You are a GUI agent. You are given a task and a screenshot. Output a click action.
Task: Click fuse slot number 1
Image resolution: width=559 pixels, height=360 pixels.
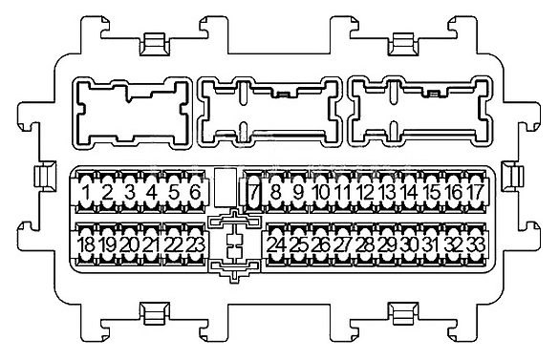click(x=87, y=195)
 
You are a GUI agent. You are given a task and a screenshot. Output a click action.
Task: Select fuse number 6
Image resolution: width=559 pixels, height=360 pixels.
click(x=195, y=195)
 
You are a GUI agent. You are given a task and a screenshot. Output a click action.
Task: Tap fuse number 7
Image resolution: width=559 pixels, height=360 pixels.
click(x=254, y=195)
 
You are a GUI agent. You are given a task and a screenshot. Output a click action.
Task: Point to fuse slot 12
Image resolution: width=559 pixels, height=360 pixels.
click(x=364, y=195)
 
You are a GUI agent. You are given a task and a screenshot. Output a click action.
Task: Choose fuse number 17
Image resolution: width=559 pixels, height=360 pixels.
click(x=475, y=195)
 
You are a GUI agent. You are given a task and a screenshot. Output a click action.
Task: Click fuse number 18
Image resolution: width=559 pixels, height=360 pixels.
click(x=87, y=245)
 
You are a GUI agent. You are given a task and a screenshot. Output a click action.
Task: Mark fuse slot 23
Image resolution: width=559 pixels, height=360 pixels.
click(x=195, y=245)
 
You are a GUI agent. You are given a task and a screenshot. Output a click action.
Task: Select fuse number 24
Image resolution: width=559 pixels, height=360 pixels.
click(x=276, y=245)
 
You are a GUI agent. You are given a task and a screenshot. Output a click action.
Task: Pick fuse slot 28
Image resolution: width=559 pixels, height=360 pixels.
click(x=364, y=245)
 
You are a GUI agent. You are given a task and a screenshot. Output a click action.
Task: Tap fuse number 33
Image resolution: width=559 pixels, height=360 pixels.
click(x=475, y=245)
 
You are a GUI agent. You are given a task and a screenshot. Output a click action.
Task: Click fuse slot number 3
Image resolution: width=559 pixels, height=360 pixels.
click(x=130, y=195)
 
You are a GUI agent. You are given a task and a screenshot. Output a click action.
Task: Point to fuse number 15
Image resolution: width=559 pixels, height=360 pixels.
click(x=431, y=195)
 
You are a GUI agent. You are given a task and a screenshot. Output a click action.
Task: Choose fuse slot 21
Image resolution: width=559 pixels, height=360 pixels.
click(x=151, y=245)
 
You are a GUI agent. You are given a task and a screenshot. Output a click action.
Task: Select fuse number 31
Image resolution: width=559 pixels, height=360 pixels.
click(x=431, y=245)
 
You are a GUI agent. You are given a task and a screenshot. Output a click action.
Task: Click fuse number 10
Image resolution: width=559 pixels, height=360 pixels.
click(x=321, y=195)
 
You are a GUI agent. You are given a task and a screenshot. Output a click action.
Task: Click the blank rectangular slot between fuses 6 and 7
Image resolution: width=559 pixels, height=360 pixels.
click(x=224, y=187)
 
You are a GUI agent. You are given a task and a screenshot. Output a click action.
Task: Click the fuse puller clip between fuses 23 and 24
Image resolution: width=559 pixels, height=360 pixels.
click(x=235, y=246)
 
